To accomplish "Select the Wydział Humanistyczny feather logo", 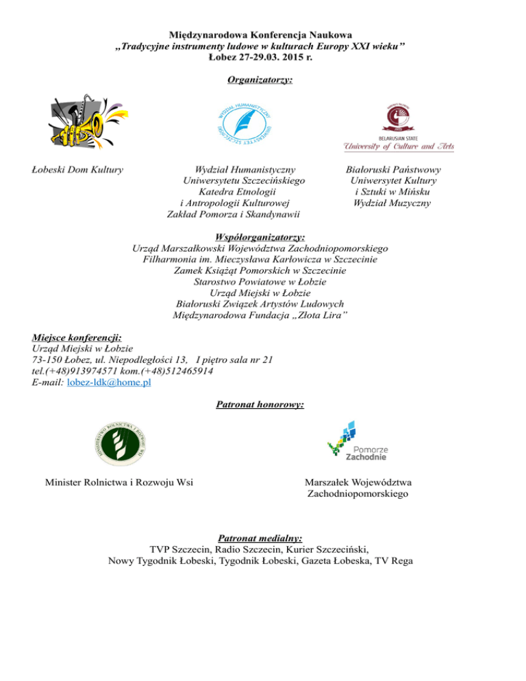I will (244, 123).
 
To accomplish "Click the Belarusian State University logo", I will (398, 127).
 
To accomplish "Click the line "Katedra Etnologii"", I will (235, 191).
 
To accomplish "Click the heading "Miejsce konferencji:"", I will (77, 337).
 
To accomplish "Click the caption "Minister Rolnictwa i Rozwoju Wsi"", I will (118, 482).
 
